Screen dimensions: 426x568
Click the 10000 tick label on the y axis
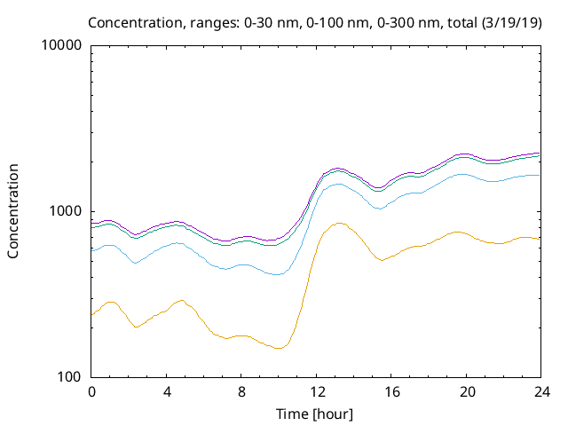point(61,45)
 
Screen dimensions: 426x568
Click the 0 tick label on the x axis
point(91,392)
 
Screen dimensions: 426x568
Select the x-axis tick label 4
point(167,392)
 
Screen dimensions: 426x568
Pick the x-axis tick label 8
point(241,392)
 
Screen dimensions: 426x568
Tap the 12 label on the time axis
point(317,392)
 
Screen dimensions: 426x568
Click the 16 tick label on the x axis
point(391,392)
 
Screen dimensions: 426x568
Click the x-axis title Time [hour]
point(317,414)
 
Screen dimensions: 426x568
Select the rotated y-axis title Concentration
point(13,211)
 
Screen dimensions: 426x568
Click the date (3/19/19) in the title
point(512,21)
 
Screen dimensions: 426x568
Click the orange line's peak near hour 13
point(339,223)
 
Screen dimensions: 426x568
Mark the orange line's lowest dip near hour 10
point(279,348)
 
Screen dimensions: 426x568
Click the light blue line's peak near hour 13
point(337,183)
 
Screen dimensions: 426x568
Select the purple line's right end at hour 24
point(540,153)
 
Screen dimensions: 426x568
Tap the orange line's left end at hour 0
point(91,315)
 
